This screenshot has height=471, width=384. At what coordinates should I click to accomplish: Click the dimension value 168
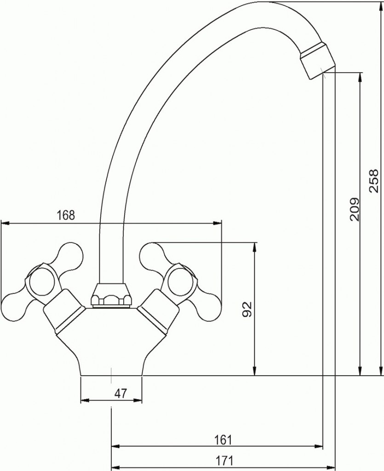[x=65, y=215]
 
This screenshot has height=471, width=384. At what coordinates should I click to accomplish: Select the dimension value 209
[x=355, y=209]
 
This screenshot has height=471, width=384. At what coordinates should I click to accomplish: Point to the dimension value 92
[x=247, y=310]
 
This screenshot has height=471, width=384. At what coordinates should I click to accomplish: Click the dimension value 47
[x=121, y=393]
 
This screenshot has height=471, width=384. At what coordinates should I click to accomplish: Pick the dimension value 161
[x=224, y=440]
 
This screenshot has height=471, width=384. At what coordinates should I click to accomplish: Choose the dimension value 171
[x=224, y=460]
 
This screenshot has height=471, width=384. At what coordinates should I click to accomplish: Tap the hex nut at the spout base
[x=111, y=295]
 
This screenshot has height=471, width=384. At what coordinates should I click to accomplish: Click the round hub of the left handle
[x=42, y=281]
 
